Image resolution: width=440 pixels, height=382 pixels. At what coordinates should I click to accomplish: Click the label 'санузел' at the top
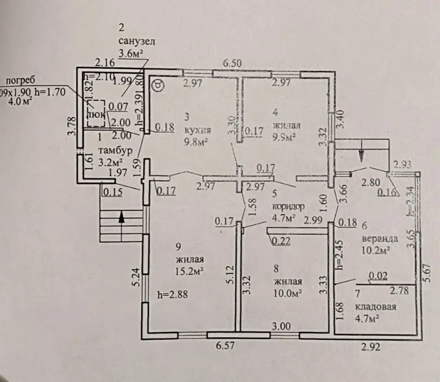138,41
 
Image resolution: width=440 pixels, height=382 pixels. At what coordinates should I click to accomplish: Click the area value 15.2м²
189,271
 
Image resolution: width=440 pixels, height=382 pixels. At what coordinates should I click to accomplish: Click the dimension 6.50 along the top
232,63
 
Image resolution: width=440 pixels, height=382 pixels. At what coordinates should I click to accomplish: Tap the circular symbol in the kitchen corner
157,86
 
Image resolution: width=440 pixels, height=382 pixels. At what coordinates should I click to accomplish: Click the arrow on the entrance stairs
122,216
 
